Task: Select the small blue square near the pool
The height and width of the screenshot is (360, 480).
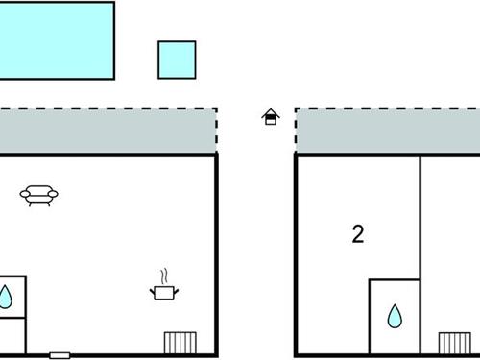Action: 177,59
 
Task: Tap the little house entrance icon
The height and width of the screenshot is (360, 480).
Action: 271,117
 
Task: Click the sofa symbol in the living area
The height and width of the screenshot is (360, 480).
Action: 39,195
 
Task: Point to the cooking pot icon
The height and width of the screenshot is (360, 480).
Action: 164,290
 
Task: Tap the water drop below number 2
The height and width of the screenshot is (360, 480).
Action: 395,316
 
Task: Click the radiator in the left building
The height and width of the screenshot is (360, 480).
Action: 180,343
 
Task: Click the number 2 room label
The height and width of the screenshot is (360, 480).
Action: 358,233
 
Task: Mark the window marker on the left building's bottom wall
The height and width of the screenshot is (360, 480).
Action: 60,355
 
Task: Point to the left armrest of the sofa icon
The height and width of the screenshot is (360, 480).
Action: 23,195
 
